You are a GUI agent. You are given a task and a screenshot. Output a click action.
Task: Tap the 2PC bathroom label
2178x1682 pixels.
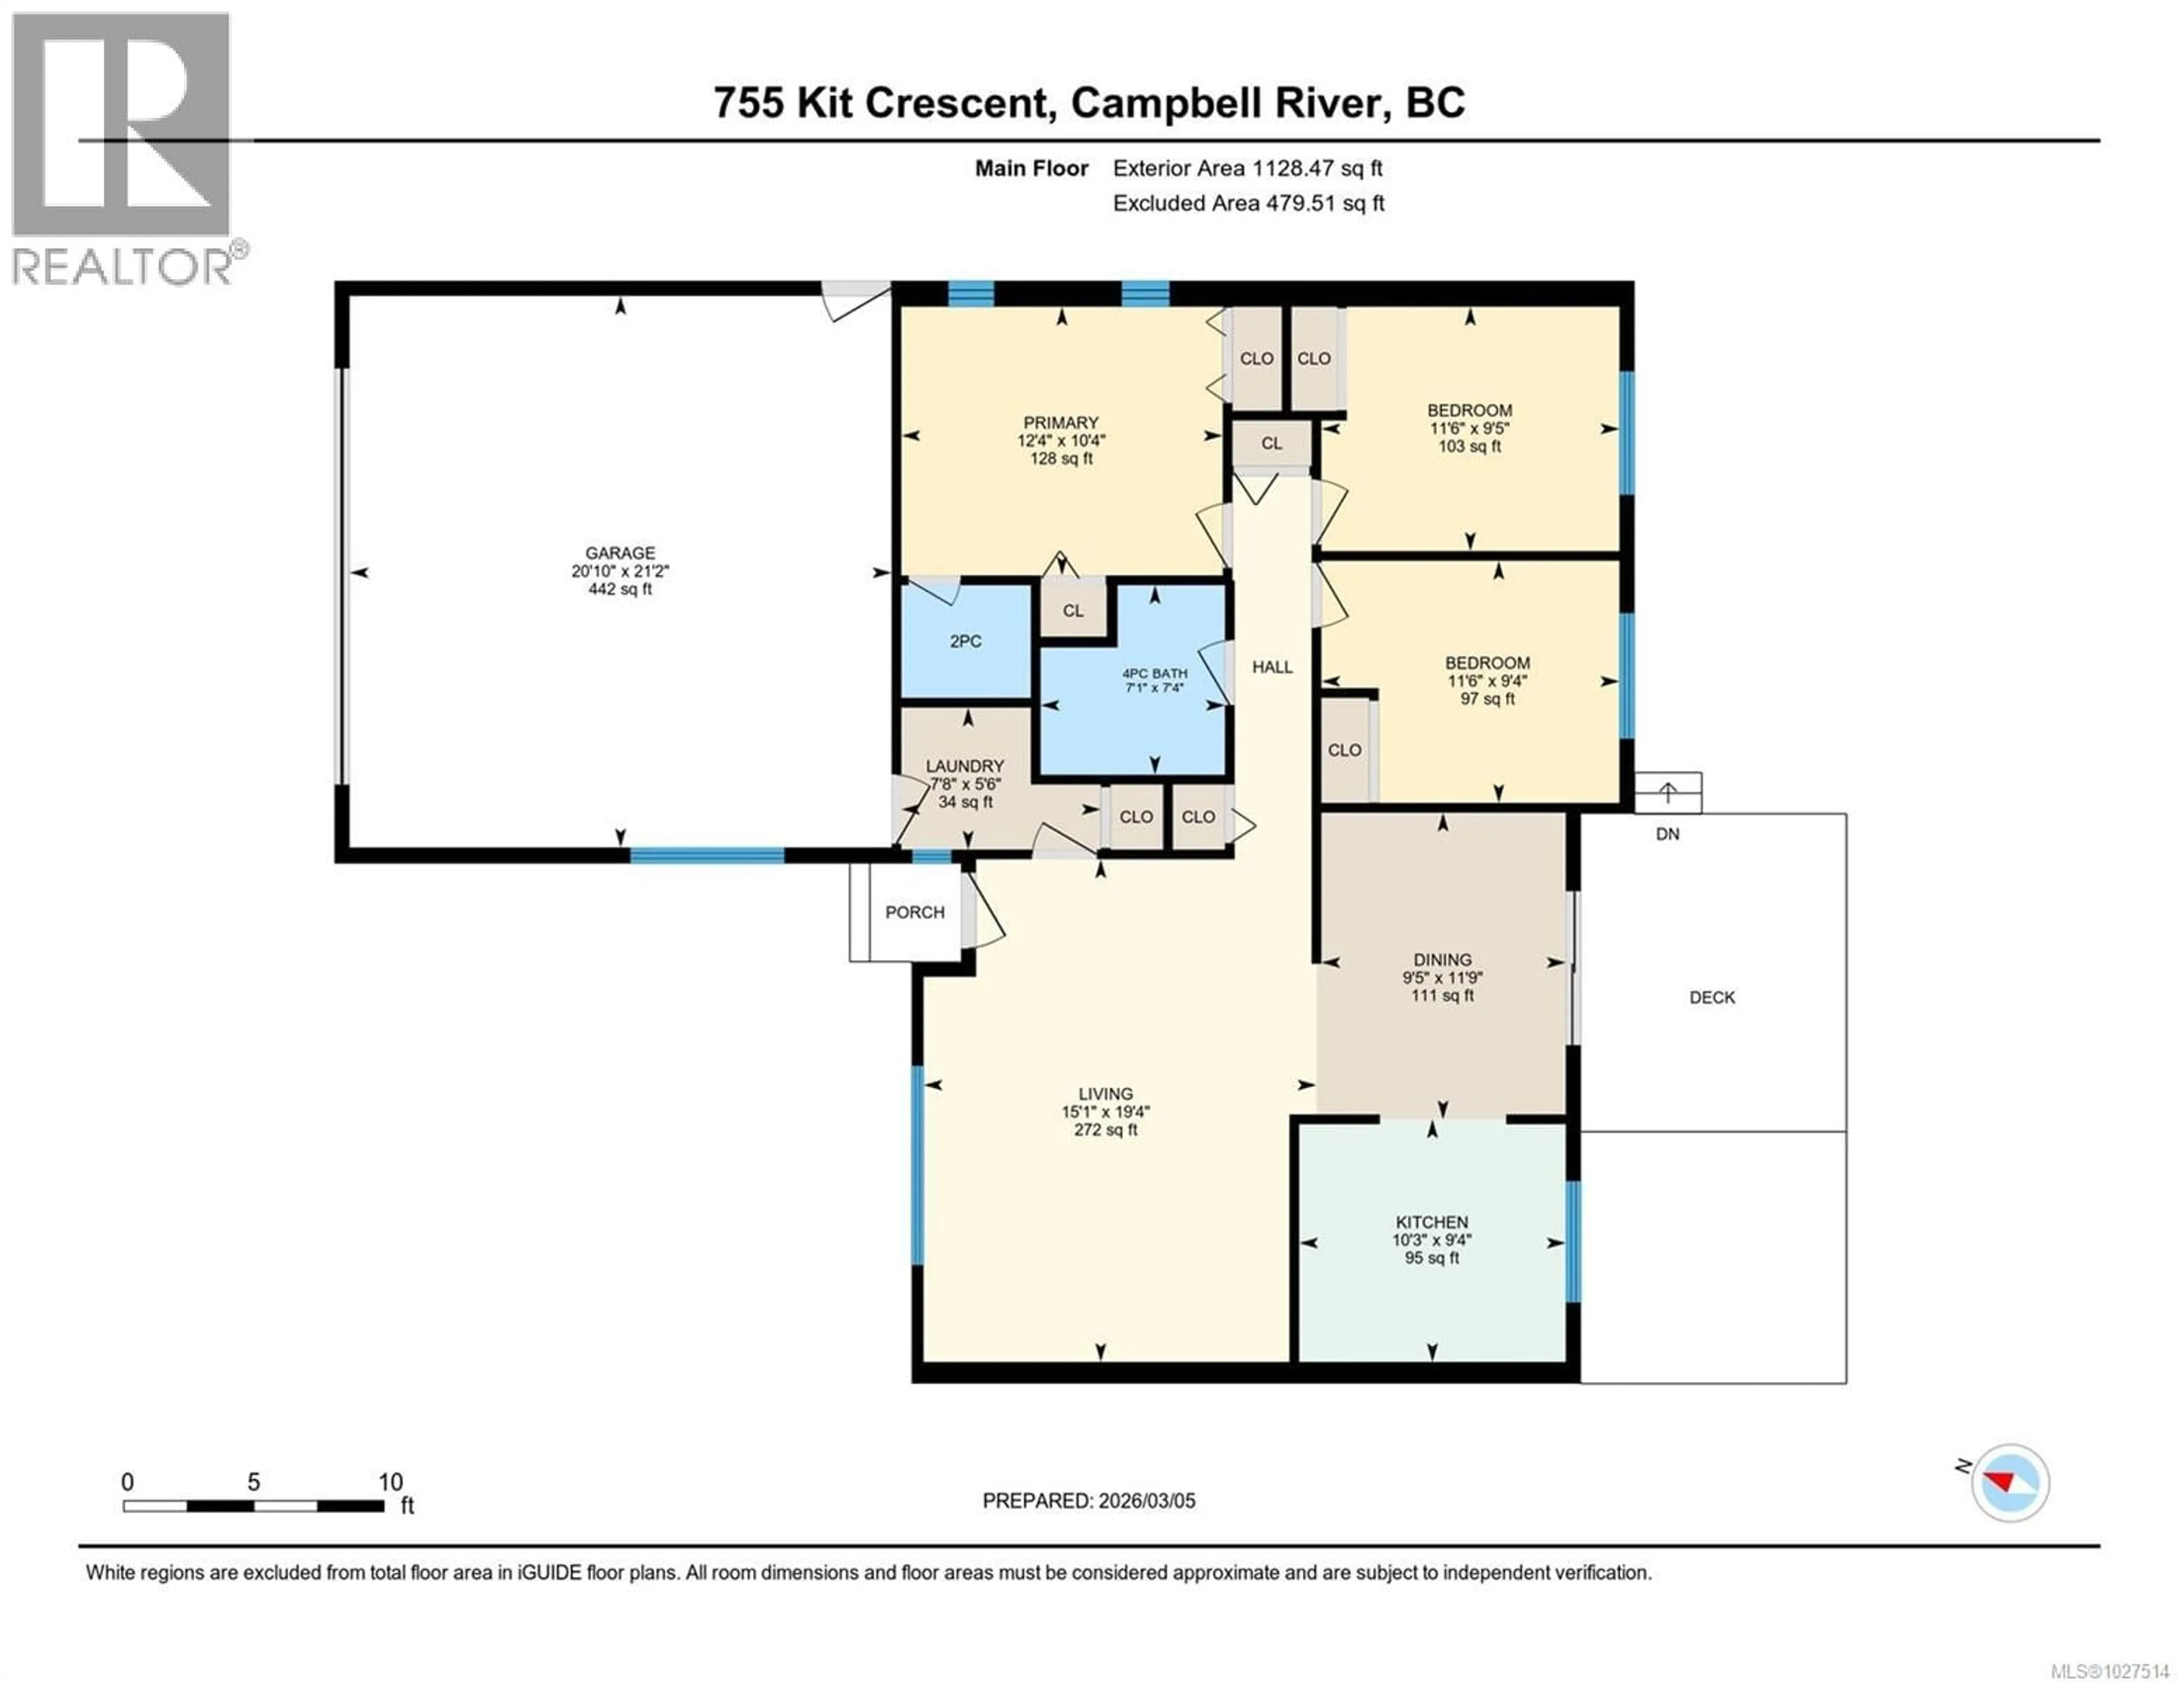[x=965, y=641]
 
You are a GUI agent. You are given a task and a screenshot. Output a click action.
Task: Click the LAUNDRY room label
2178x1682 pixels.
[x=964, y=766]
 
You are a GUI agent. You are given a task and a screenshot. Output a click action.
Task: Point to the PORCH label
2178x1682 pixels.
[x=914, y=912]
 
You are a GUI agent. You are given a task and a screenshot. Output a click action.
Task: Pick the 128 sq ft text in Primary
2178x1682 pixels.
[x=1061, y=459]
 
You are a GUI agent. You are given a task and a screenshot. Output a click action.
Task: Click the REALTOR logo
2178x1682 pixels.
[x=122, y=150]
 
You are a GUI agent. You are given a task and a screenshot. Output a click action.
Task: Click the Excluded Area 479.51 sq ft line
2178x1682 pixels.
[x=1248, y=204]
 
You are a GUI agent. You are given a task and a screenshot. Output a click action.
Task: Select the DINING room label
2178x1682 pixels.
[x=1441, y=959]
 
